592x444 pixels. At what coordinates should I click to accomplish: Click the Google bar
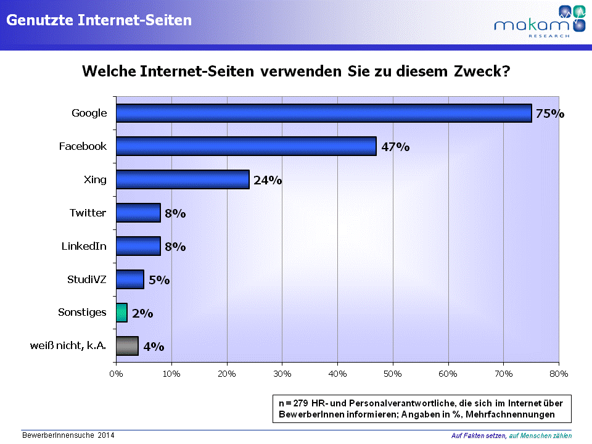tap(324, 113)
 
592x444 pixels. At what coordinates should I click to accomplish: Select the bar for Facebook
tap(246, 146)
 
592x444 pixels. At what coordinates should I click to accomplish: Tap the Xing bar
tap(183, 179)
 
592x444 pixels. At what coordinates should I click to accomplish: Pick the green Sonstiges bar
tap(121, 313)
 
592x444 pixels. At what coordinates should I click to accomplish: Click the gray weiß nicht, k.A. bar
tap(127, 346)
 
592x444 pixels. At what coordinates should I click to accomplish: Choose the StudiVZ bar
tap(130, 279)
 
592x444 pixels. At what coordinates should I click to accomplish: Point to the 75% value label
tap(549, 113)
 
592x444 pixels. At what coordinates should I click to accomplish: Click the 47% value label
tap(395, 147)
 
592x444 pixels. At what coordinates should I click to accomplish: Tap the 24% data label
tap(268, 180)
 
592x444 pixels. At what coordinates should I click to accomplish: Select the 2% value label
tap(142, 313)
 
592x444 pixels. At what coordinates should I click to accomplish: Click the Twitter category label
tap(88, 213)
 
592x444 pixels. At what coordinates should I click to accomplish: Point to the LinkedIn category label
tap(84, 246)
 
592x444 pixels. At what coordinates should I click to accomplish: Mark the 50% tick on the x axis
tap(393, 373)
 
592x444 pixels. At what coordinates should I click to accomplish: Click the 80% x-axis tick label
tap(559, 373)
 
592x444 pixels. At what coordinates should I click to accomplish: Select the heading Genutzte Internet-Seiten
tap(99, 20)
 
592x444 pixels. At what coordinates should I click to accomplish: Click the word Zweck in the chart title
tap(480, 71)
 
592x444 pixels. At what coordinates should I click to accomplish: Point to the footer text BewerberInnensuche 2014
tap(68, 435)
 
